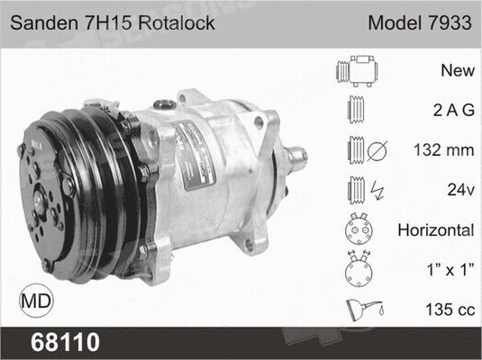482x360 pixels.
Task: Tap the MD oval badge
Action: point(34,298)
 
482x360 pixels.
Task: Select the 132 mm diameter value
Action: point(445,149)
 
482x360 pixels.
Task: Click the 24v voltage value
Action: point(459,190)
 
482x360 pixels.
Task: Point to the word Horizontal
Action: point(436,229)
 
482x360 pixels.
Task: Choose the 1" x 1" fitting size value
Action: point(450,269)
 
